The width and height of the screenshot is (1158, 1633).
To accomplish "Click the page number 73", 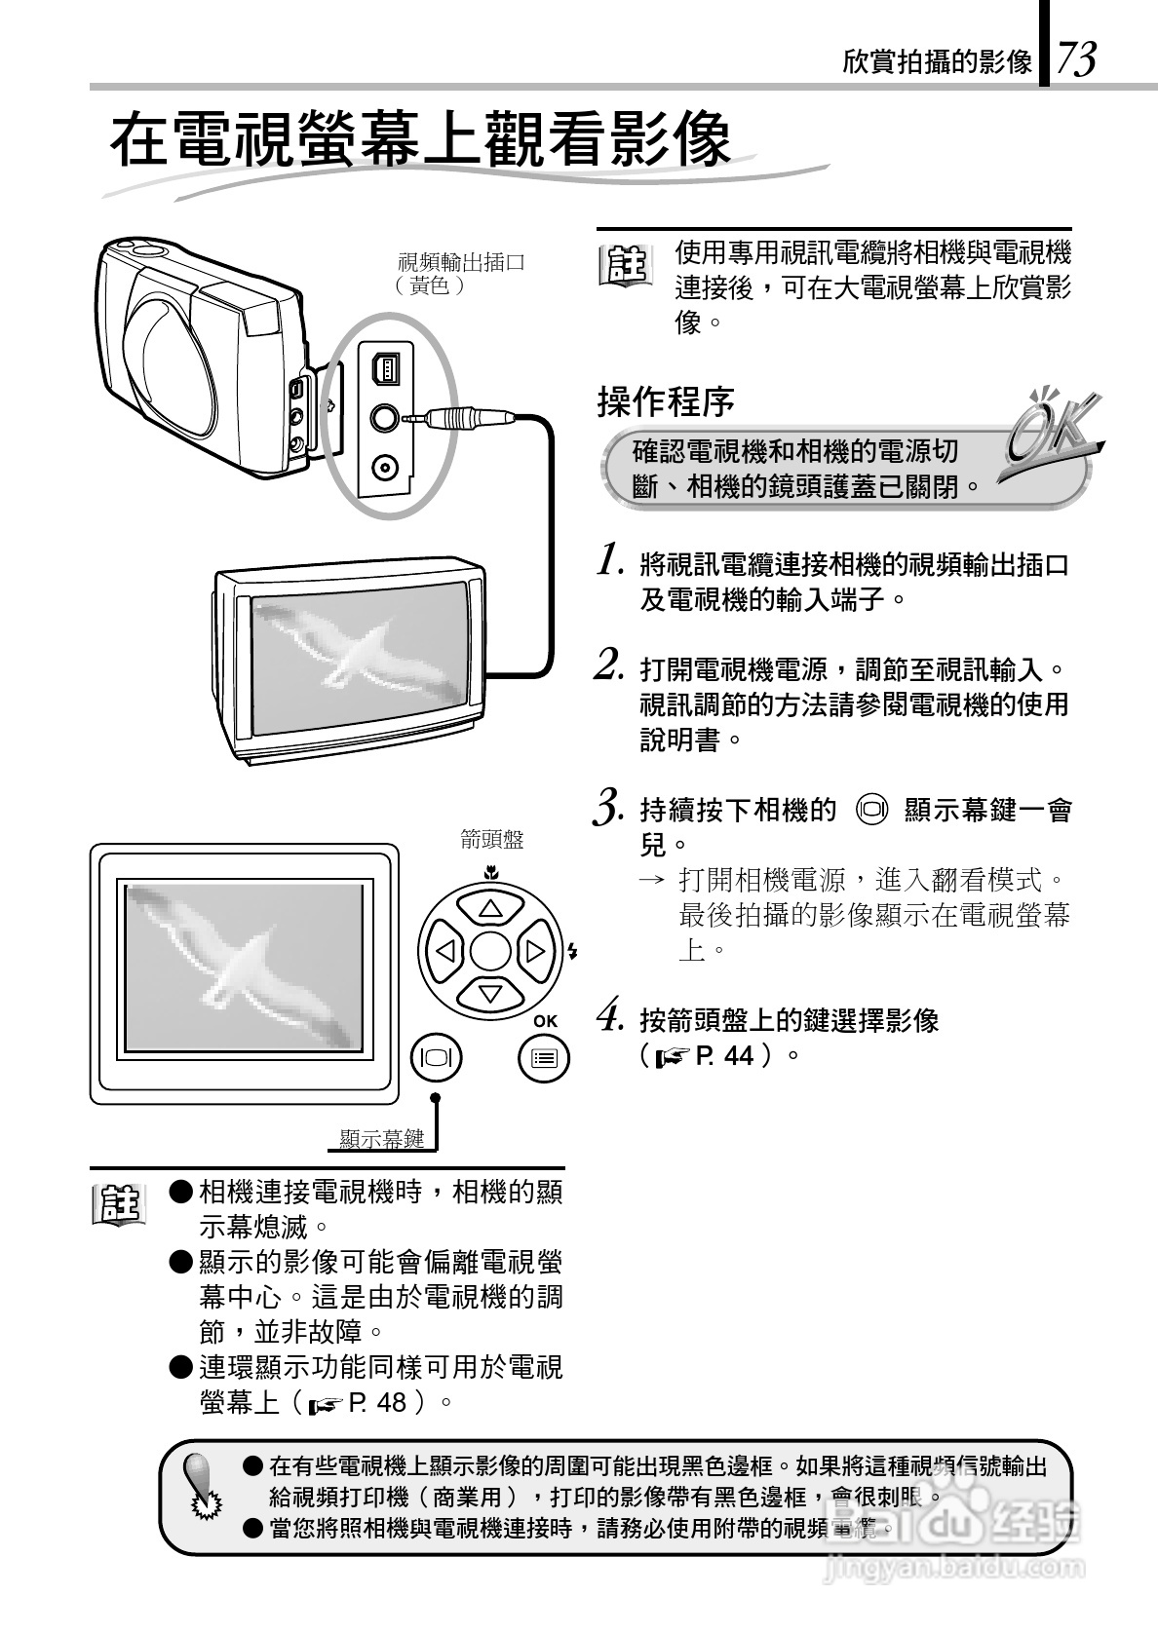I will (x=1076, y=58).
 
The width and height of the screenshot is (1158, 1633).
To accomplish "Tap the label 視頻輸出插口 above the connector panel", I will (x=461, y=262).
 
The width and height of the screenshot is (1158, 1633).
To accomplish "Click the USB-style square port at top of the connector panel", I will (x=385, y=368).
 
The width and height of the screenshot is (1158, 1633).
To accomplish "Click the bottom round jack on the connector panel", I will (x=386, y=467).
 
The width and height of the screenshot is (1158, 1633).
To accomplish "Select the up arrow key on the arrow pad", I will (x=489, y=908).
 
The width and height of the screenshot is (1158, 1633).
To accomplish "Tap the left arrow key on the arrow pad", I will (x=446, y=950).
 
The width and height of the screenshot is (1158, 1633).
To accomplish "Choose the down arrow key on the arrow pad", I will (x=489, y=993).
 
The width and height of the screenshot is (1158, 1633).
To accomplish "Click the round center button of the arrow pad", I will (x=489, y=950).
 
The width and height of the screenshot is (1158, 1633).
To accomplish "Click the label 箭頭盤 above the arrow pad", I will (x=491, y=839).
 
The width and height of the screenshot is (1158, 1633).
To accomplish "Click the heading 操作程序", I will (x=665, y=400).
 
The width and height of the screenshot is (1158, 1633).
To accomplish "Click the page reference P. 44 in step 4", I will (x=725, y=1055).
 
